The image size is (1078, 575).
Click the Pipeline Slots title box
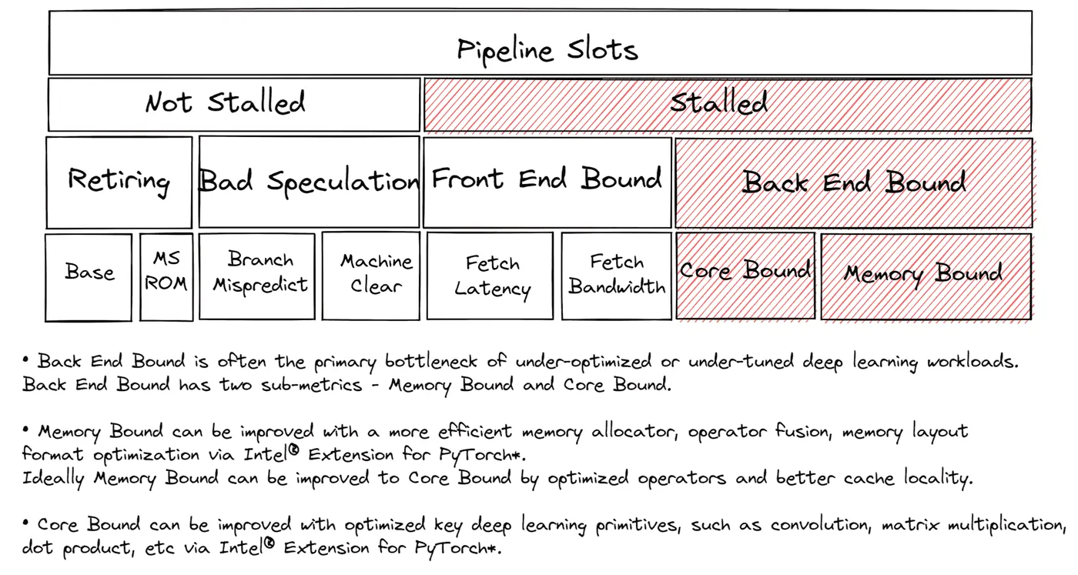click(x=541, y=42)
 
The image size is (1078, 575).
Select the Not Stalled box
click(x=234, y=105)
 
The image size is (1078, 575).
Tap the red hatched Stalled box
click(x=728, y=105)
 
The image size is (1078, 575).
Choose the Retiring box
click(x=119, y=182)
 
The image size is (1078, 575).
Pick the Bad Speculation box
click(x=310, y=182)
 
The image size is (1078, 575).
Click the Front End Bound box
click(x=547, y=182)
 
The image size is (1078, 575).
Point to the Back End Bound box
click(x=854, y=183)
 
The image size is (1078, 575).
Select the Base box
click(x=89, y=277)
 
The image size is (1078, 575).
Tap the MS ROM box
click(x=166, y=276)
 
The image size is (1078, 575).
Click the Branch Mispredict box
click(x=257, y=276)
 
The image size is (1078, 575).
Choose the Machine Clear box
click(x=371, y=276)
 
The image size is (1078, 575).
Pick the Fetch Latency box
click(x=490, y=276)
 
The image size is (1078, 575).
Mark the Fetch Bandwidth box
click(x=617, y=276)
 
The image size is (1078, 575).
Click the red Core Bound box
click(x=745, y=276)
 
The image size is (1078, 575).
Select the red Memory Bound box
click(x=926, y=276)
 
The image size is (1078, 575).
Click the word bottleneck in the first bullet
click(x=430, y=361)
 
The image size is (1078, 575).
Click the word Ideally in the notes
click(x=53, y=478)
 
